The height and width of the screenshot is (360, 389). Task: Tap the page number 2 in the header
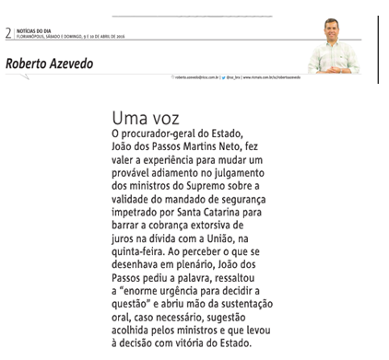coord(8,33)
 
